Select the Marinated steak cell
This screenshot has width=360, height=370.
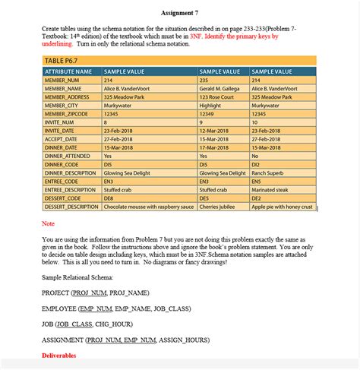coord(274,189)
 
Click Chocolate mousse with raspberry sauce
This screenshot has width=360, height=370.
coord(149,206)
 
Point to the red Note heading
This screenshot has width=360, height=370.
coord(48,223)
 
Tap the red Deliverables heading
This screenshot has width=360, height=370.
coord(59,355)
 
